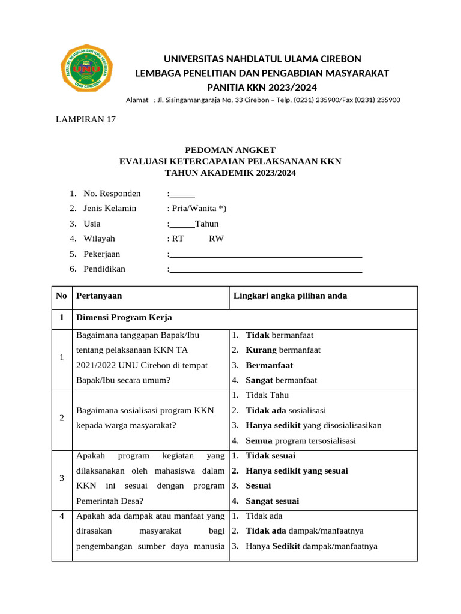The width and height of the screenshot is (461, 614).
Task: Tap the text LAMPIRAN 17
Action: tap(85, 119)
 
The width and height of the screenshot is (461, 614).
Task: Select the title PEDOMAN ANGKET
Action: tap(230, 150)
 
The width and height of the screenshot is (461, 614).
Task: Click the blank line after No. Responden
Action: tap(182, 194)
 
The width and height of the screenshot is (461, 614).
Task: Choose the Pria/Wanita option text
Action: tap(199, 209)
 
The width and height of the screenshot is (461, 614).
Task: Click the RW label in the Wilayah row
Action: tap(216, 239)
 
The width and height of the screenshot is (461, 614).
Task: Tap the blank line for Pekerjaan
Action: tap(266, 254)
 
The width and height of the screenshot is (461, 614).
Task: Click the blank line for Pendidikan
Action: tap(266, 269)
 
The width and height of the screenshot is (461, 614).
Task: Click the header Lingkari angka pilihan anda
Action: tap(289, 296)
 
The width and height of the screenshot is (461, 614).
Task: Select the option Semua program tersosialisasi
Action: tap(300, 441)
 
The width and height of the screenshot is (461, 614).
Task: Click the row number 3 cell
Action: tap(62, 478)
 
